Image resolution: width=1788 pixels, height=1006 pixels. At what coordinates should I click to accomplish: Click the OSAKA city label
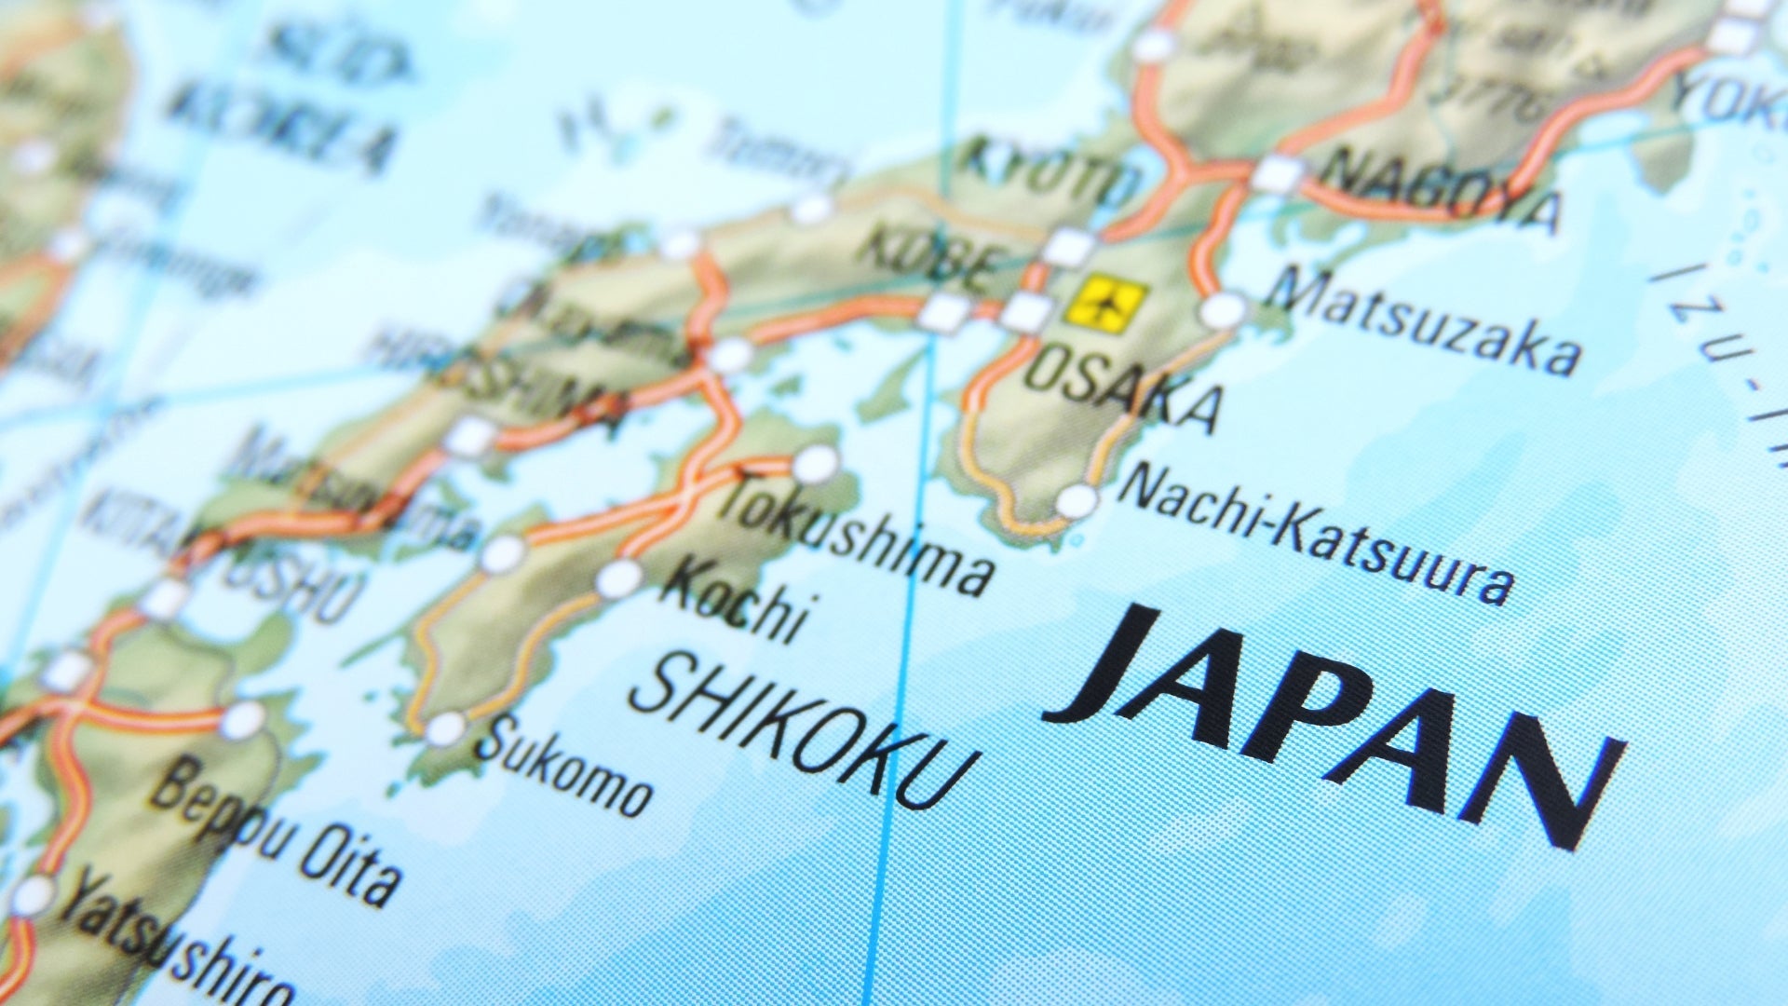(1122, 387)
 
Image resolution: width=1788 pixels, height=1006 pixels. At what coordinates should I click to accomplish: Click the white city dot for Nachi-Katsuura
(1077, 501)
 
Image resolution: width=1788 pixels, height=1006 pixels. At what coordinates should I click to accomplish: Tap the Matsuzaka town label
(1425, 321)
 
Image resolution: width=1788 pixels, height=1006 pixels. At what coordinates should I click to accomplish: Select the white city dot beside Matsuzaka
(1223, 311)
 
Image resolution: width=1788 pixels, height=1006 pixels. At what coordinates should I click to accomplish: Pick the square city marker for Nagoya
(1277, 174)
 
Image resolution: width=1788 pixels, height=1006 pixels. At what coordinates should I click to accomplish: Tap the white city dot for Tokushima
(816, 463)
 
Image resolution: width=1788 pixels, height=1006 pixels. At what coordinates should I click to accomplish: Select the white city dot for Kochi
(619, 578)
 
